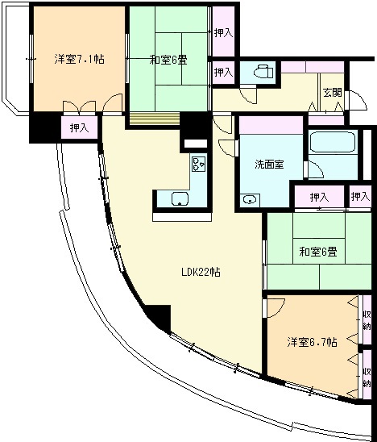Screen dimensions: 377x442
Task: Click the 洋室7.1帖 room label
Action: tap(80, 60)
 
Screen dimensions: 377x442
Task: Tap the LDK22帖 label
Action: tap(201, 273)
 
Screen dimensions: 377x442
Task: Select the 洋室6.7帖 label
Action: tap(312, 342)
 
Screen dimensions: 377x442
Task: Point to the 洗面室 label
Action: tap(269, 165)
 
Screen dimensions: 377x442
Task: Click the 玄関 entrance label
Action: tap(333, 93)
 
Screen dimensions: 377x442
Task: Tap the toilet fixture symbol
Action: tap(263, 72)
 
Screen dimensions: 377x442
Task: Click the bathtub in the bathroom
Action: tap(333, 142)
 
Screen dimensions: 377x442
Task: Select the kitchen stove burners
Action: tap(198, 164)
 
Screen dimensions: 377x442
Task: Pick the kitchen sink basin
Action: tap(180, 198)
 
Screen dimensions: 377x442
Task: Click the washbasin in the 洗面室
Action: tap(250, 199)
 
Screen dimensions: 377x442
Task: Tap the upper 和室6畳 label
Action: tap(168, 60)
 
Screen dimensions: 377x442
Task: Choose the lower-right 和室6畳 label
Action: tap(318, 251)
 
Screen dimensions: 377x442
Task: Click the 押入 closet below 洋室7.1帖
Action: tap(80, 128)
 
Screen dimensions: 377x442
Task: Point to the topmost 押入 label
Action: tap(224, 33)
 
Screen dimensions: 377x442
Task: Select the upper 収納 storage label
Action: tap(367, 320)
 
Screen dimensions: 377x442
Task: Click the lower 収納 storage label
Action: tap(367, 377)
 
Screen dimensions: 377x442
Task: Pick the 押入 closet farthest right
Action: tap(360, 197)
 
